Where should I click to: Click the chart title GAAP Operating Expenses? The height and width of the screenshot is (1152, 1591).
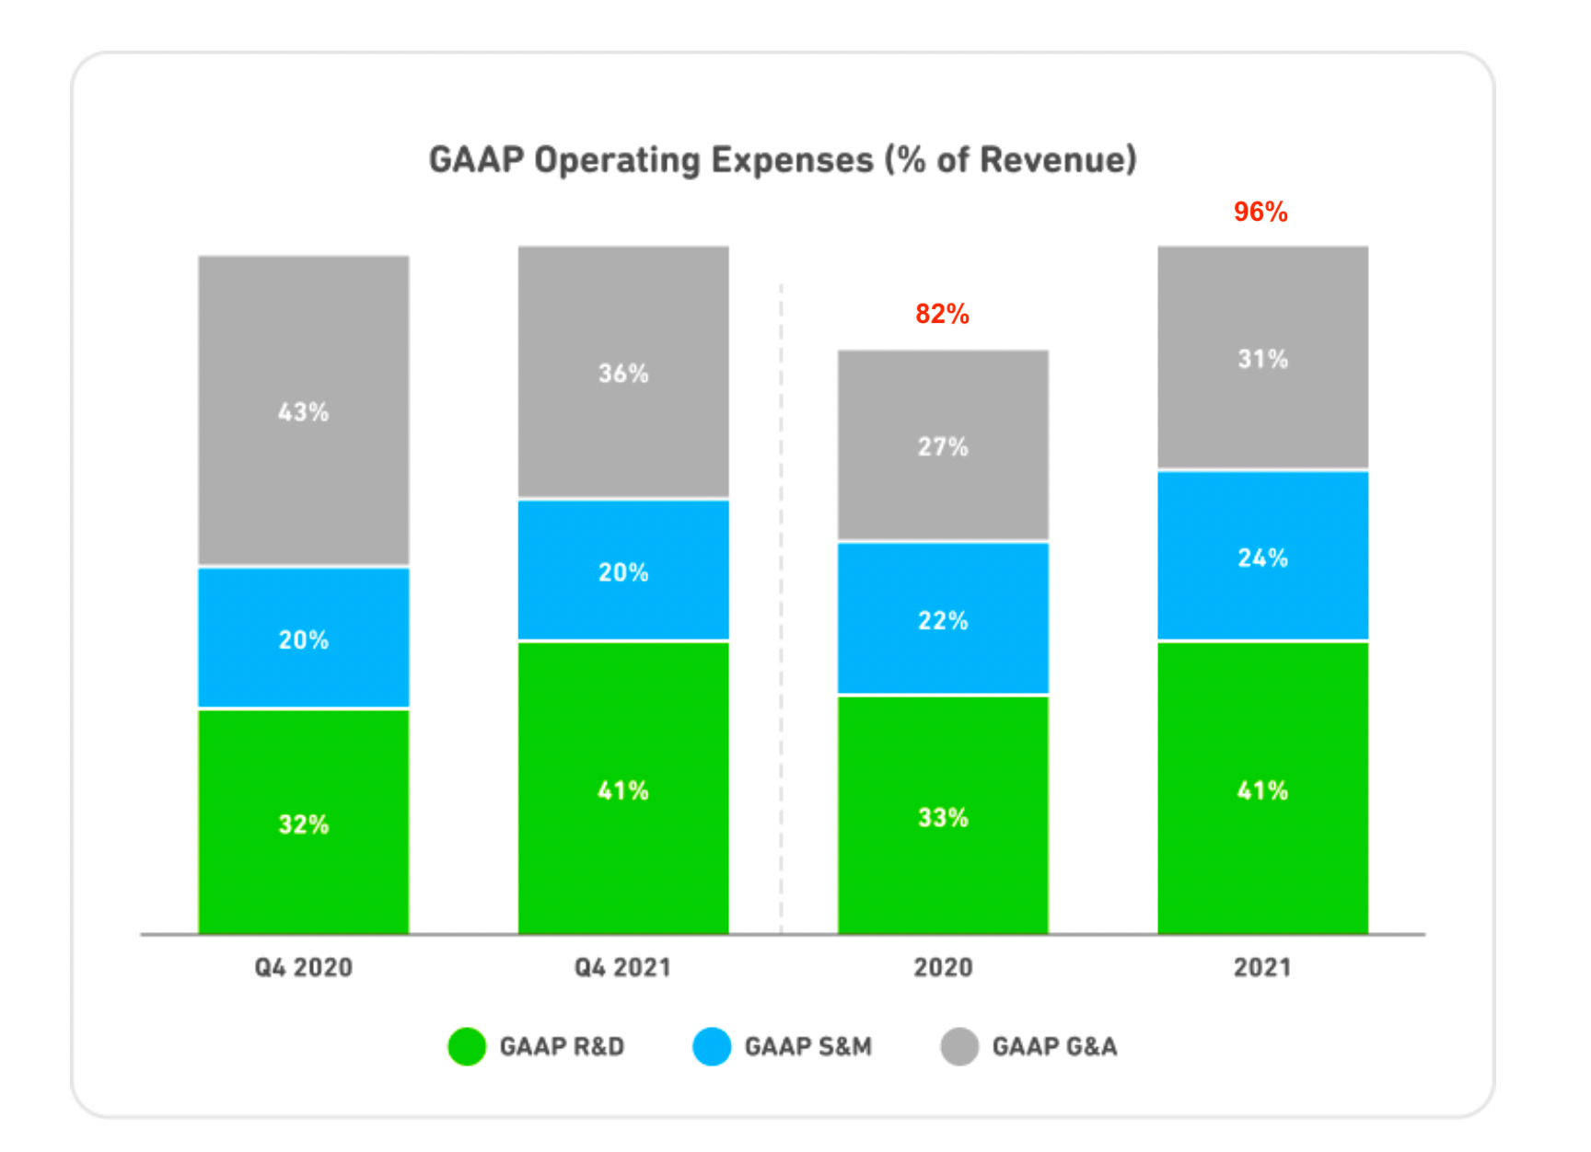point(783,160)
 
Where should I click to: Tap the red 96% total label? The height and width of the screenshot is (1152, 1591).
point(1260,212)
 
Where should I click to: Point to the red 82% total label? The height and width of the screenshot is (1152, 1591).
point(942,314)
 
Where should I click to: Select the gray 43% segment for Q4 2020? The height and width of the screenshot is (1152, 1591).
point(304,410)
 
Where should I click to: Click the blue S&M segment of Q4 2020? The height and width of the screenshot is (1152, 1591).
point(304,638)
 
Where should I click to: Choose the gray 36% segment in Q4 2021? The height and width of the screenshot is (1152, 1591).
point(623,372)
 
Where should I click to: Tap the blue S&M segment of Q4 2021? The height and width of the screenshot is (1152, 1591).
point(623,570)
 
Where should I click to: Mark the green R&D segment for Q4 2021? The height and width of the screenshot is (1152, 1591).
point(623,789)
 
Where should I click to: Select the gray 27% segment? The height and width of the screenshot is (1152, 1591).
point(943,445)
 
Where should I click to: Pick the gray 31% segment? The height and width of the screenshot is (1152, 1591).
point(1262,358)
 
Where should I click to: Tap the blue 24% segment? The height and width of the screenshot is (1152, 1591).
point(1262,556)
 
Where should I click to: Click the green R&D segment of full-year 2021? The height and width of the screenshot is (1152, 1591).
point(1262,789)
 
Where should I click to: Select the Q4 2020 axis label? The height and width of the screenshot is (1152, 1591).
point(304,967)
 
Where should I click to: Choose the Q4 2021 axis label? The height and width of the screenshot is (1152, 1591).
point(623,967)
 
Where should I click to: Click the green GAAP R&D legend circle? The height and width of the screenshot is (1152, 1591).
point(467,1047)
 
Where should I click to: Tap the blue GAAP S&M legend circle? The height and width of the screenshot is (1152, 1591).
point(712,1047)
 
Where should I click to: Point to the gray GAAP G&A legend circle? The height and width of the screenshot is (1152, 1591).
point(959,1047)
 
